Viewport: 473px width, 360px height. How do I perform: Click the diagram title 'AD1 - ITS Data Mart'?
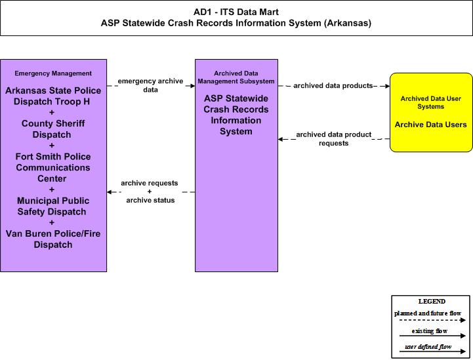point(236,12)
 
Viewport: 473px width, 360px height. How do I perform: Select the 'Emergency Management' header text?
point(53,73)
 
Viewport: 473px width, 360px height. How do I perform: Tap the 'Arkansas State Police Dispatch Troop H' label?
point(53,96)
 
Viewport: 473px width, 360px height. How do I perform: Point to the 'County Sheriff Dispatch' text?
point(53,129)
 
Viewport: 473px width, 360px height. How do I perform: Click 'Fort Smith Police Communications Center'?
point(53,167)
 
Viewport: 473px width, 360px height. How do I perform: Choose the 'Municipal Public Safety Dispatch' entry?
point(53,207)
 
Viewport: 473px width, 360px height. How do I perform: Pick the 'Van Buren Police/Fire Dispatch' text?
point(53,239)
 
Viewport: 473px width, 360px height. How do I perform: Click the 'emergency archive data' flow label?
point(150,85)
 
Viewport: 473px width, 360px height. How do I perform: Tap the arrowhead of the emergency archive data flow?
point(193,86)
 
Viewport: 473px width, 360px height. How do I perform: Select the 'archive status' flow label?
point(150,200)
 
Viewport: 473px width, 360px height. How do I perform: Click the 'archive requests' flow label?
point(150,183)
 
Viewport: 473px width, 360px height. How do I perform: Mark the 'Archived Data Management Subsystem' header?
point(236,77)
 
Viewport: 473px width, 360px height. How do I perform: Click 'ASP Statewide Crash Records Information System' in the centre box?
point(236,115)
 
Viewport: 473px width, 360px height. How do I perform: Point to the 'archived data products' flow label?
point(333,86)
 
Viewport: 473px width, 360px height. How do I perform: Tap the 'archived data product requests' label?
point(334,139)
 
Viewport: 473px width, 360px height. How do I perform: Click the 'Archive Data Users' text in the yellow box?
point(431,125)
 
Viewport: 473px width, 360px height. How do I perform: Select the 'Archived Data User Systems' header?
point(431,102)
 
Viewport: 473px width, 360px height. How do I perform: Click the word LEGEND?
point(432,302)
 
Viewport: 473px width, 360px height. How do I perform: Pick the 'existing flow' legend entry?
point(430,331)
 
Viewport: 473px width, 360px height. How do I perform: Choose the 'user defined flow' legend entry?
point(428,347)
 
